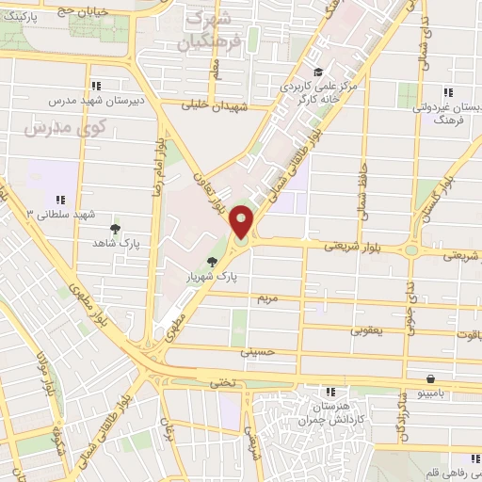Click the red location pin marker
242,222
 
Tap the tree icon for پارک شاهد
116,229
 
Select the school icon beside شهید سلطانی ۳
61,200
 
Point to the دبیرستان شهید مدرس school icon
98,84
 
